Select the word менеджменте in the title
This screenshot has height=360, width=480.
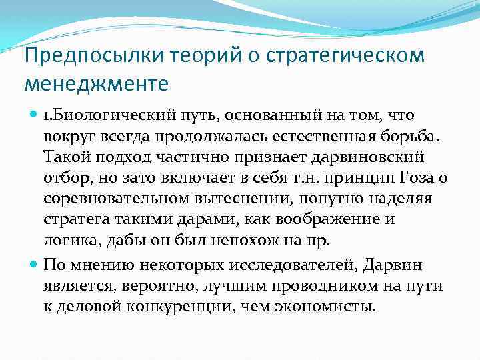click(96, 85)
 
